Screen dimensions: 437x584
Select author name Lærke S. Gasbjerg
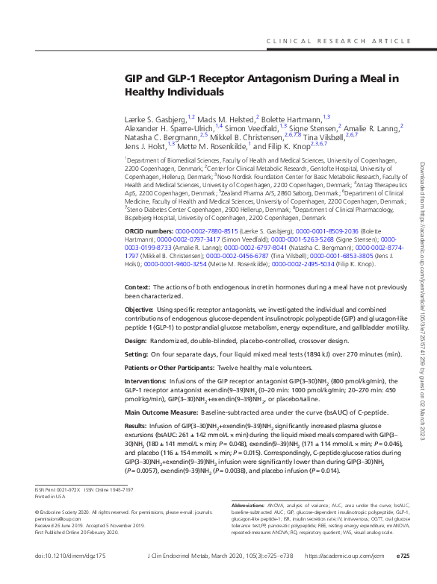tap(155, 118)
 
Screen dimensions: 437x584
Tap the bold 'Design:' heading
tap(136, 339)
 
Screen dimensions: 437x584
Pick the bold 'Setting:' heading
tap(137, 354)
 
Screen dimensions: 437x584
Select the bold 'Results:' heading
tap(137, 426)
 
